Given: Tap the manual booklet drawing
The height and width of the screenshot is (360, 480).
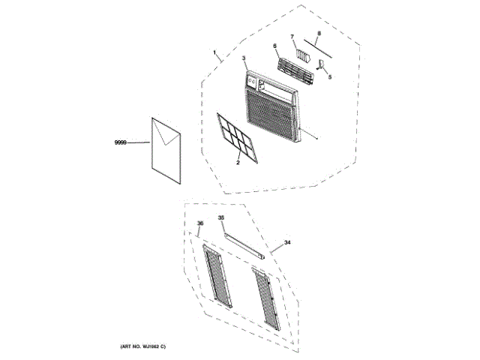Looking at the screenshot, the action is click(166, 151).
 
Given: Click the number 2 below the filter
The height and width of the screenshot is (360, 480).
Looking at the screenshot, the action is click(238, 162).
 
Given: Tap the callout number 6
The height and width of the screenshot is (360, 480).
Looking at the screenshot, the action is click(275, 46).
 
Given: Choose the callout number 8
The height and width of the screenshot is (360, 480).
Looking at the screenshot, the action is click(319, 33).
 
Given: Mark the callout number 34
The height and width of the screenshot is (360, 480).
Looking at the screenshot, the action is click(286, 244).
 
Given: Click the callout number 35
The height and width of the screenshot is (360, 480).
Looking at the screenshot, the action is click(221, 217).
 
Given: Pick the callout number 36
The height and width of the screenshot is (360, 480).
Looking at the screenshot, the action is click(200, 223).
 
